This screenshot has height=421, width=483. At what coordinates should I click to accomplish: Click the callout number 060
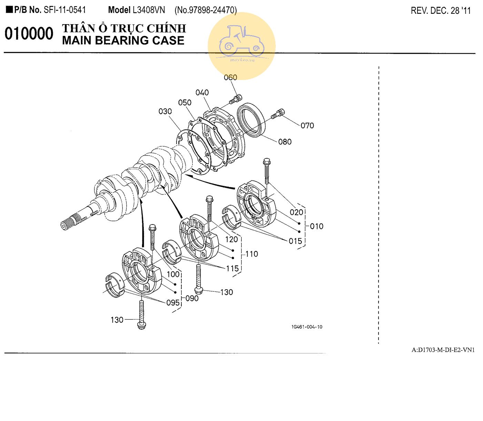click(230, 77)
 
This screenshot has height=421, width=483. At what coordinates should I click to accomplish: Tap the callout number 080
click(285, 142)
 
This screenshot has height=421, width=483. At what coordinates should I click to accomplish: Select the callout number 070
click(307, 126)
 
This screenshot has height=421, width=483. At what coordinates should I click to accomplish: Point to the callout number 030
click(165, 111)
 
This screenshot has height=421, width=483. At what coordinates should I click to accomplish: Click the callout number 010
click(316, 226)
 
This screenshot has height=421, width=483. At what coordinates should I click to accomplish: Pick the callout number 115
click(232, 268)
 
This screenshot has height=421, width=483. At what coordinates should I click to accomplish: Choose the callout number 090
click(192, 298)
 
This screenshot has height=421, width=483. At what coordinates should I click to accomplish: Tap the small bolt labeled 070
click(278, 114)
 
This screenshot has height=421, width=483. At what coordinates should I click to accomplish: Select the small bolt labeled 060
click(236, 99)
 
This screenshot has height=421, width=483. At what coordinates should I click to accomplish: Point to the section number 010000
click(29, 34)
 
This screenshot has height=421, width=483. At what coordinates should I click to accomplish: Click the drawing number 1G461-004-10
click(307, 327)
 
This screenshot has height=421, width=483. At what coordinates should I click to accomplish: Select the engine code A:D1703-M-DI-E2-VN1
click(443, 350)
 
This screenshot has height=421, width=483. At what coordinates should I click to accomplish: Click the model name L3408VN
click(149, 10)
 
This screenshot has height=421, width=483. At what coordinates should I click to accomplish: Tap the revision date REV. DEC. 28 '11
click(441, 11)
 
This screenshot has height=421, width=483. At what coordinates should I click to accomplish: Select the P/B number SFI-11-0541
click(64, 10)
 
